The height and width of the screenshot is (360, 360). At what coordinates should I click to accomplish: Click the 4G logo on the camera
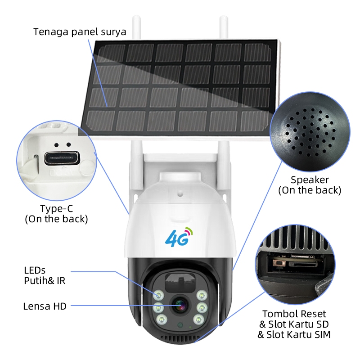[x=179, y=237]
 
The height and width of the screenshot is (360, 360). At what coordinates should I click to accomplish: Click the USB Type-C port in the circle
[x=62, y=158]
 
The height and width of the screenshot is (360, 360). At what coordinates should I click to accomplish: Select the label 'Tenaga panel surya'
[x=80, y=32]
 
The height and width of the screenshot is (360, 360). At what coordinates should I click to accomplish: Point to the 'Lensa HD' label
[x=45, y=306]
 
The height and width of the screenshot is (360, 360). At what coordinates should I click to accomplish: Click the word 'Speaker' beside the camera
[x=310, y=180]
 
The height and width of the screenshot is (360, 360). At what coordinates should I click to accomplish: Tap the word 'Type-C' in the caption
[x=57, y=208]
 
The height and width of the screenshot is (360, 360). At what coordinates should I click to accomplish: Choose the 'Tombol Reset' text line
[x=294, y=314]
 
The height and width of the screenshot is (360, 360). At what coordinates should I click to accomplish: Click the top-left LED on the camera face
[x=158, y=295]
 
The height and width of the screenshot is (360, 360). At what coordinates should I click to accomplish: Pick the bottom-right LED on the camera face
[x=198, y=319]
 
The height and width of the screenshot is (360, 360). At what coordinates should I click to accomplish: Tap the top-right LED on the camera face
[x=202, y=295]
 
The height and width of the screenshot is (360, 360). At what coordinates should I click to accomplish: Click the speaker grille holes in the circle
[x=310, y=132]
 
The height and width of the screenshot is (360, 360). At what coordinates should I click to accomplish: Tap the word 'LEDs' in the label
[x=35, y=270]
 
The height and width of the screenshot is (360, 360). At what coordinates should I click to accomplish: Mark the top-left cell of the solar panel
[x=112, y=53]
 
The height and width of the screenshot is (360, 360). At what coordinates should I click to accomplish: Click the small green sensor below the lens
[x=180, y=325]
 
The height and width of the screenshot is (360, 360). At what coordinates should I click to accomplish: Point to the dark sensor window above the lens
[x=180, y=283]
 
